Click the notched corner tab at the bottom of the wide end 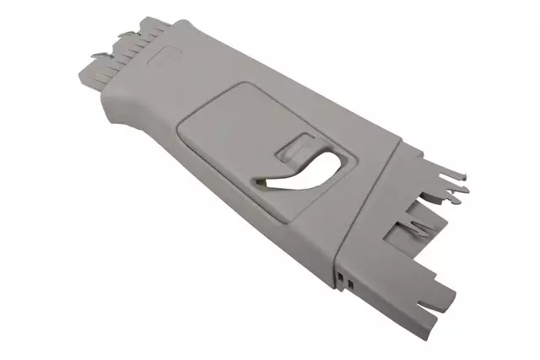439,295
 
